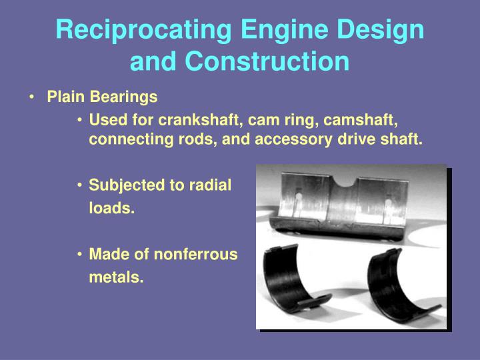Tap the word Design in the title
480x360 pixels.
[x=383, y=31]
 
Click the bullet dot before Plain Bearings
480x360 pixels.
[x=33, y=97]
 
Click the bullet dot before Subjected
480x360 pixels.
[x=80, y=185]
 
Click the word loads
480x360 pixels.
[x=111, y=209]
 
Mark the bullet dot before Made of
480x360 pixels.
[x=80, y=254]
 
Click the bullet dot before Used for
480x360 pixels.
[x=80, y=121]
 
